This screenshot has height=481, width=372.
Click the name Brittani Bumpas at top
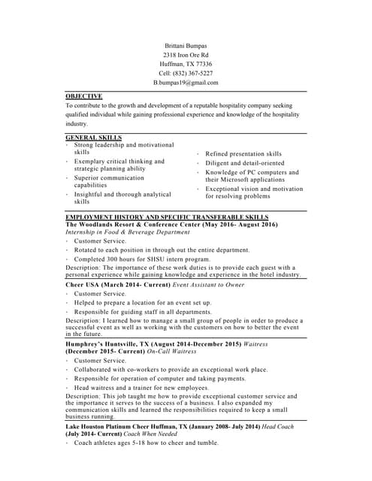point(186,46)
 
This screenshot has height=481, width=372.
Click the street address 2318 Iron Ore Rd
point(186,56)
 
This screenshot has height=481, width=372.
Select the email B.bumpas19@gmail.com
point(186,83)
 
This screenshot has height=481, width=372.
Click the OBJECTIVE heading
point(83,96)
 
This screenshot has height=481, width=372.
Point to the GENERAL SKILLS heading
point(94,138)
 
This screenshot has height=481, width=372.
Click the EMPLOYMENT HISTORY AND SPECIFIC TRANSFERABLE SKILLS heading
point(167,216)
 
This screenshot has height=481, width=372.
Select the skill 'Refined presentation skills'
point(243,153)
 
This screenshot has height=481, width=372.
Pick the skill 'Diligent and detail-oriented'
point(245,163)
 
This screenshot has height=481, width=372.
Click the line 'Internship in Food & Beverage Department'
point(128,232)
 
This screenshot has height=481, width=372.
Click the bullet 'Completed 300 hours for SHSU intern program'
point(142,259)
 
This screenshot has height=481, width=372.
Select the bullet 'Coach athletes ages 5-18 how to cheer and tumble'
point(146,443)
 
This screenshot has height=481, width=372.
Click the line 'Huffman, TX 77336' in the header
point(186,65)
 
